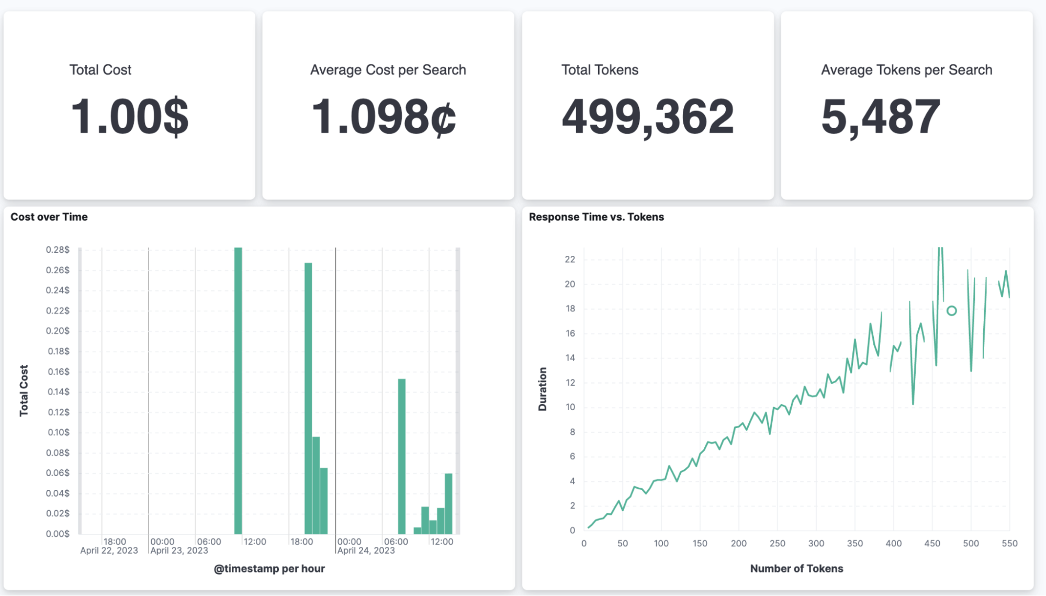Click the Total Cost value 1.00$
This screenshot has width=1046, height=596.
(129, 116)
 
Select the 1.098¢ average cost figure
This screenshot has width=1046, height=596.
(384, 116)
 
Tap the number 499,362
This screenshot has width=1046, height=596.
(648, 116)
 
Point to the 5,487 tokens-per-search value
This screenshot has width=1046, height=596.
(881, 116)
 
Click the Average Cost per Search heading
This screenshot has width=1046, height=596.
(388, 70)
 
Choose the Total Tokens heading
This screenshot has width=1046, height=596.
(600, 70)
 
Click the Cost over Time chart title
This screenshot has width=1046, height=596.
(49, 217)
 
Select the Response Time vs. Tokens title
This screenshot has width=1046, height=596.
(596, 217)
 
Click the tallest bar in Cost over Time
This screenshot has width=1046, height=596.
(238, 390)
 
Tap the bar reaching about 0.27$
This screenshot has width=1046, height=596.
(308, 398)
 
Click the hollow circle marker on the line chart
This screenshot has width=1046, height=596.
(951, 311)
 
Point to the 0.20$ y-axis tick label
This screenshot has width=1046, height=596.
(58, 331)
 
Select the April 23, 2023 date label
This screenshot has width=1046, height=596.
(179, 550)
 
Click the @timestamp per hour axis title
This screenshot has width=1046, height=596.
(269, 568)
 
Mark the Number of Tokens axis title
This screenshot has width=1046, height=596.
(796, 568)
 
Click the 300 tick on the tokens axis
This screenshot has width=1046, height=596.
(816, 543)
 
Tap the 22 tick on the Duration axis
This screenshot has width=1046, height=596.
(570, 260)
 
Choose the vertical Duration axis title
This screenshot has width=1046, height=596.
(543, 389)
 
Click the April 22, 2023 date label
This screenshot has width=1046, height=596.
(109, 550)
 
